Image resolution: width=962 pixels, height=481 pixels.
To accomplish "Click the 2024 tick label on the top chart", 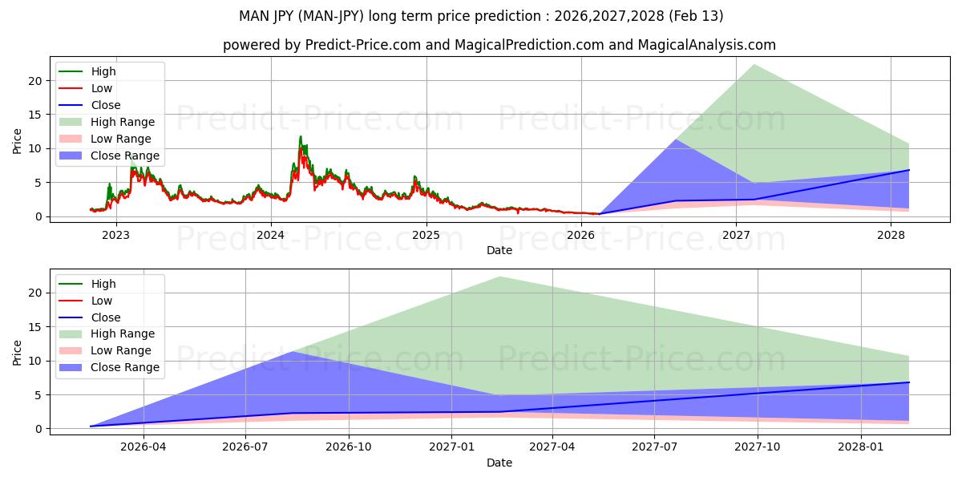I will (271, 235).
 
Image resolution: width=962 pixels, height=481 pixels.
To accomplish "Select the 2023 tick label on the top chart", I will (115, 235).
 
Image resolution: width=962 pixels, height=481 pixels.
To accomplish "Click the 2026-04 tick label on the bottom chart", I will (143, 447).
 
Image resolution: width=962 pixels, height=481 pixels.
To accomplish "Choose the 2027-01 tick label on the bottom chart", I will (453, 447).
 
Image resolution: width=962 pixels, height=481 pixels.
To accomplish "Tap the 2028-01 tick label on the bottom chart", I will (861, 447).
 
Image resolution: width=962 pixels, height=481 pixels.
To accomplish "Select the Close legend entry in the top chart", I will (106, 105).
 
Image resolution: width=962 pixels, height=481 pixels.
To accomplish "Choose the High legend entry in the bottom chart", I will (103, 284).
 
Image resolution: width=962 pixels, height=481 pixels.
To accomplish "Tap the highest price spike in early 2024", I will (301, 137).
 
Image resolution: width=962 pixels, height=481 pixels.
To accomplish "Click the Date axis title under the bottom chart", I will (499, 463).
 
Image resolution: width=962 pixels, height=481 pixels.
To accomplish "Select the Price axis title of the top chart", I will (17, 141).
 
